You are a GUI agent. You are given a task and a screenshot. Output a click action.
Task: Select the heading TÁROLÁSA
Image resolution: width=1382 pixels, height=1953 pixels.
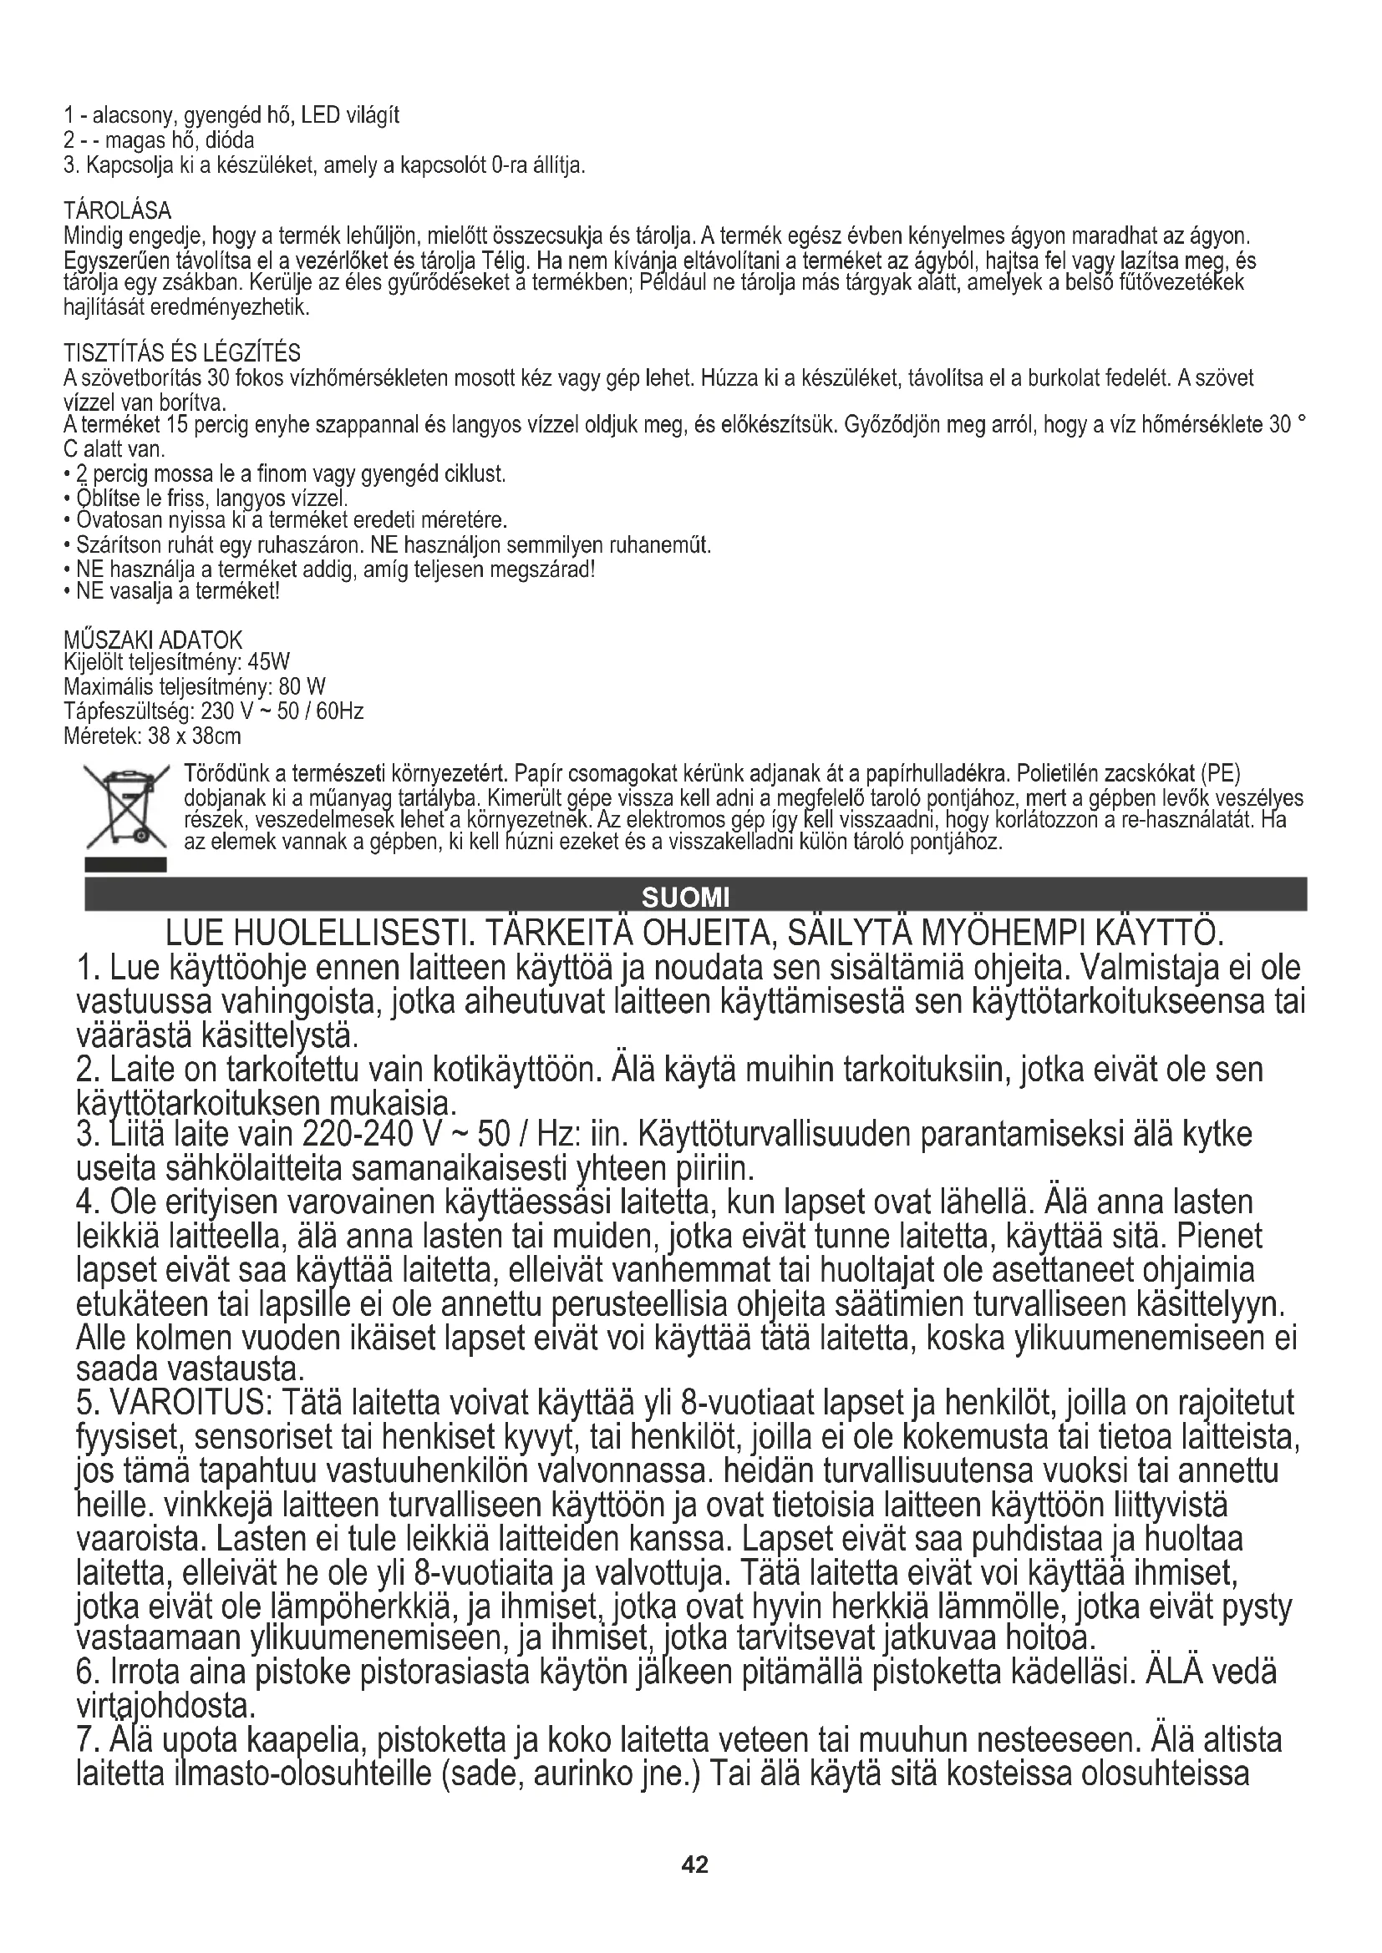point(118,210)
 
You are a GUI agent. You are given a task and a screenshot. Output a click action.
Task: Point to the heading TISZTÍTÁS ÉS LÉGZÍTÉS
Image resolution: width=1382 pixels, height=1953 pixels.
point(182,352)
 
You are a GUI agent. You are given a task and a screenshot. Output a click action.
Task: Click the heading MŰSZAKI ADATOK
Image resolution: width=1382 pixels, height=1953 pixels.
point(153,639)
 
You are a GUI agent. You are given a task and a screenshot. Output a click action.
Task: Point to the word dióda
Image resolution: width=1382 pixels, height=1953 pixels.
point(231,139)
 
